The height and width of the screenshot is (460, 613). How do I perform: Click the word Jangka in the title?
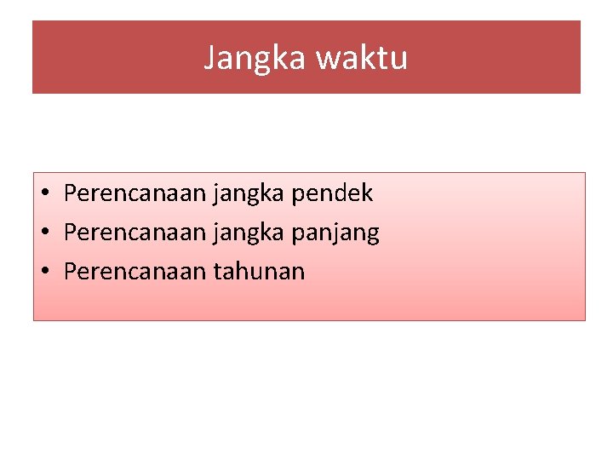click(255, 58)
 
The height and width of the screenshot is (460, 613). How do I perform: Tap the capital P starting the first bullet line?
click(71, 193)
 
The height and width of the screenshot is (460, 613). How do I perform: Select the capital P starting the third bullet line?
click(71, 272)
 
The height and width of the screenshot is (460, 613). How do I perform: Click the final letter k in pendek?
click(368, 193)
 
